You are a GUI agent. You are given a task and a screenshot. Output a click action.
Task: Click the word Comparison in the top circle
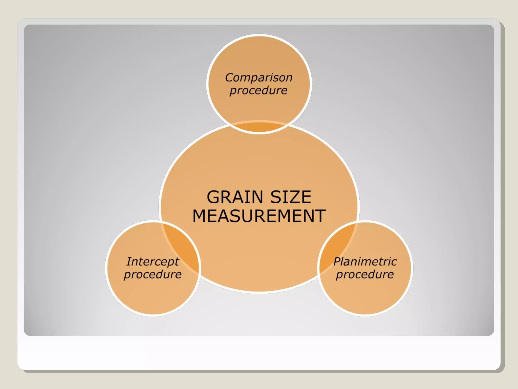pos(259,77)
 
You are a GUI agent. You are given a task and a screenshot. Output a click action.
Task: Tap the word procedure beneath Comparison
pos(258,91)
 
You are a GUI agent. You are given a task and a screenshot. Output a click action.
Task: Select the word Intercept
pos(153,262)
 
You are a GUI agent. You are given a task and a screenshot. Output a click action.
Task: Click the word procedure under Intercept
pos(153,275)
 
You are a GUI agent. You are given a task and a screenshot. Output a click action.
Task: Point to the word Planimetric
pos(365,262)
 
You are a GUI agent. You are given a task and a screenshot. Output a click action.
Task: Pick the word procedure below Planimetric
pos(365,275)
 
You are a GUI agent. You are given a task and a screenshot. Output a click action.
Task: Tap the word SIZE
pos(291,197)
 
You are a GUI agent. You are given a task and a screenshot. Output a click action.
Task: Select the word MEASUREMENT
pos(259,216)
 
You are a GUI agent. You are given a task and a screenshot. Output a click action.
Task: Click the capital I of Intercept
pos(129,262)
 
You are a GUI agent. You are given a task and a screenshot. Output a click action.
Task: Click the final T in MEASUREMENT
pos(320,216)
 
